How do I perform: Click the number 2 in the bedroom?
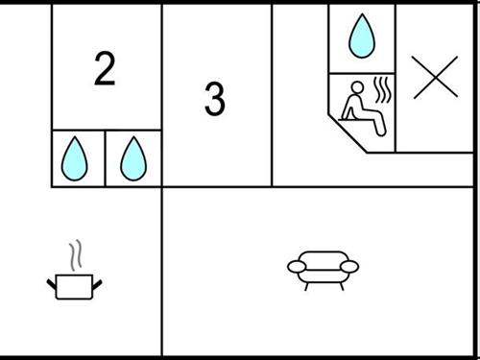pos(105,69)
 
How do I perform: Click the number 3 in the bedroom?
pos(215,99)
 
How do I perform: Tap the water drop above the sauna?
pos(362,36)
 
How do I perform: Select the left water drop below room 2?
pos(75,158)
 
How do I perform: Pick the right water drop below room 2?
pos(133,158)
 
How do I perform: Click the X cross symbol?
pos(435,77)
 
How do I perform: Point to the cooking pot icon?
pos(74,287)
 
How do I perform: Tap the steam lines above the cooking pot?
pos(76,255)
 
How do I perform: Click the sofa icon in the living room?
pos(323,271)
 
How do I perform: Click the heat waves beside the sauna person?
pos(382,89)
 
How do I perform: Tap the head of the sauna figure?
pos(357,87)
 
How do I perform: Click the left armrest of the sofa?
pos(297,267)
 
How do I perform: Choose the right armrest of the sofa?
pos(349,267)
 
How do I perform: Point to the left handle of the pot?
pos(52,284)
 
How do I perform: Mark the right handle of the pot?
pos(97,284)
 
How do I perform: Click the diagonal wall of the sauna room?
pos(348,132)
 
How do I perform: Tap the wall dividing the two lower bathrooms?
pos(105,158)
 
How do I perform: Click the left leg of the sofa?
pos(306,286)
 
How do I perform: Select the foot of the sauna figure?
pos(381,131)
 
